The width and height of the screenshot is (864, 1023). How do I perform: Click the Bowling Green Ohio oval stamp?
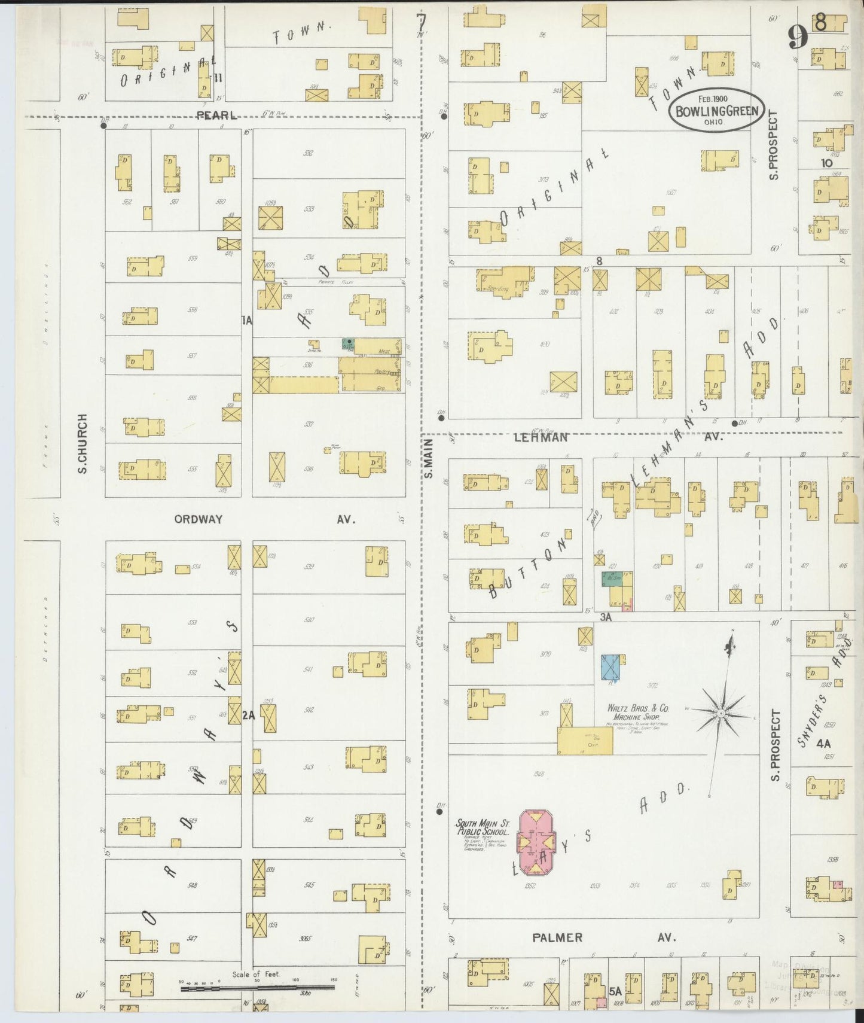(x=717, y=111)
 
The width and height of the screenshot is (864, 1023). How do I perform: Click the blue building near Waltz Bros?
(x=610, y=667)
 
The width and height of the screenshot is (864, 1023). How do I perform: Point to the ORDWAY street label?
(x=198, y=519)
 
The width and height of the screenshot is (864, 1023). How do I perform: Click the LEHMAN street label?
(x=541, y=437)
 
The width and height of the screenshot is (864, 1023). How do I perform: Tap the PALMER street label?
(x=557, y=937)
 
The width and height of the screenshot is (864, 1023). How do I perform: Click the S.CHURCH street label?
(x=83, y=443)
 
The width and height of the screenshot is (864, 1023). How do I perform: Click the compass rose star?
(x=722, y=714)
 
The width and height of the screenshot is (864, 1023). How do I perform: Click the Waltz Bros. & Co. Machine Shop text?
(x=638, y=712)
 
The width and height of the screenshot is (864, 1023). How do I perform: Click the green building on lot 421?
(x=611, y=583)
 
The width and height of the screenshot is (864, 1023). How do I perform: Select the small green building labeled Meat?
(x=348, y=343)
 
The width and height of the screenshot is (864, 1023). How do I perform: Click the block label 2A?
(x=249, y=714)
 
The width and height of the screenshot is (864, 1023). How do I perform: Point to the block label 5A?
(x=615, y=991)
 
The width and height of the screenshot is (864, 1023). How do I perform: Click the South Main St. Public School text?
(x=483, y=827)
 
